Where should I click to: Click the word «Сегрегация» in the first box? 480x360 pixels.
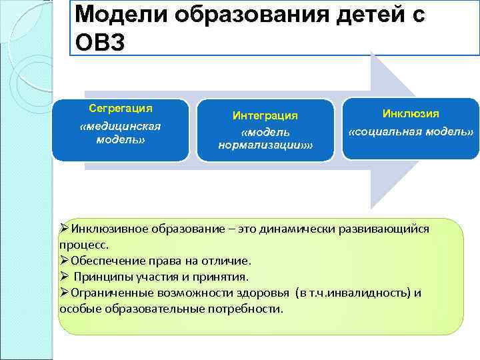(121, 107)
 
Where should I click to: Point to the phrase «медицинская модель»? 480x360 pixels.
(121, 132)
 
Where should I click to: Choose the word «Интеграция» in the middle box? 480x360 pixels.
(265, 115)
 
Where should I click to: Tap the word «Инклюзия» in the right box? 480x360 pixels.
(410, 114)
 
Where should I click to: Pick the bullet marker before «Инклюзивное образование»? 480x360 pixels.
(65, 229)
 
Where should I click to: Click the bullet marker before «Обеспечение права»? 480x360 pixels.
(65, 261)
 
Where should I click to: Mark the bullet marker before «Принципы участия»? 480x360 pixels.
(65, 277)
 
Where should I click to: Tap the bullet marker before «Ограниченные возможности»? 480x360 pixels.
(65, 293)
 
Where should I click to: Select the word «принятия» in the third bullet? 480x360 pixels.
(225, 277)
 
